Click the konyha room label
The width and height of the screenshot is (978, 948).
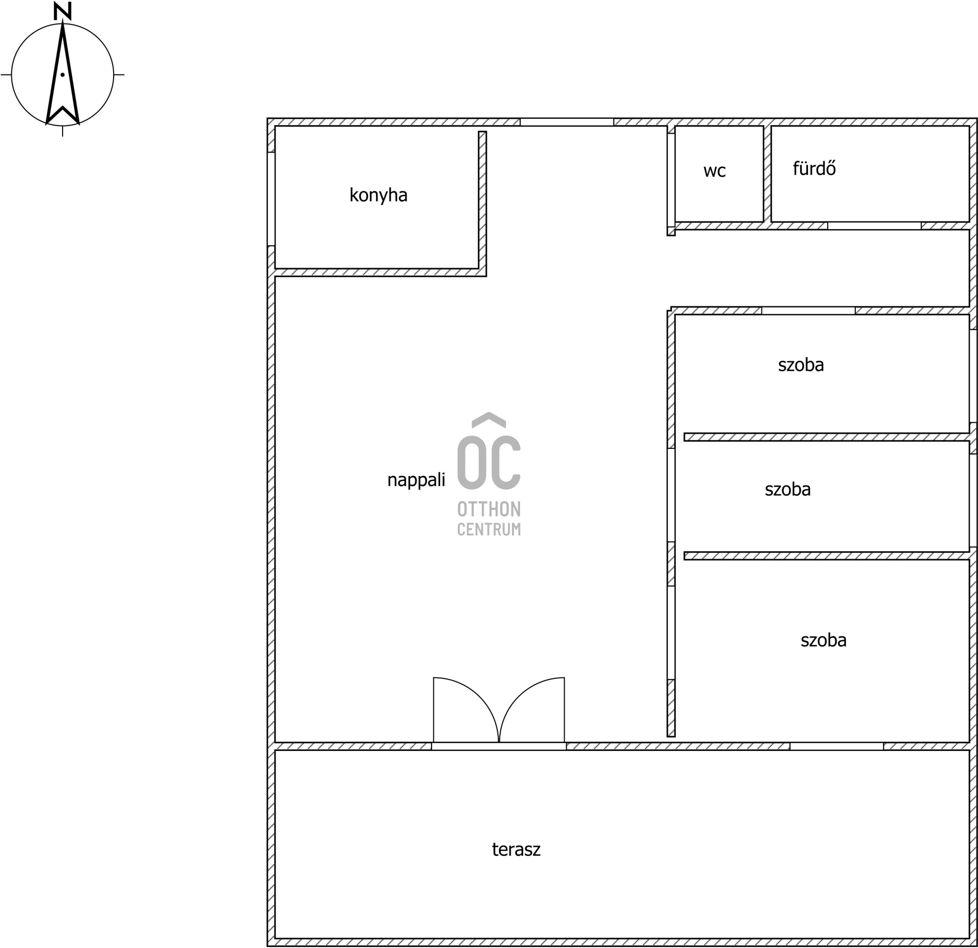point(378,196)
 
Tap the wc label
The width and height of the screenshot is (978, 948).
point(714,171)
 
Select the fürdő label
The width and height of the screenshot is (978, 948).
point(814,169)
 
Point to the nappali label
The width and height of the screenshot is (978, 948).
point(416,480)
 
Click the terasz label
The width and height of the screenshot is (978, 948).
point(516,850)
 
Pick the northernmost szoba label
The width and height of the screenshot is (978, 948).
point(801,365)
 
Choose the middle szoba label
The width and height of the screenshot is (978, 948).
point(787,490)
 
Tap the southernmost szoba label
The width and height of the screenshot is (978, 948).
point(823,640)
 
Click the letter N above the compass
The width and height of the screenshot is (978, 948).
point(62,11)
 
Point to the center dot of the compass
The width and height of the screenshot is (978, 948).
point(62,75)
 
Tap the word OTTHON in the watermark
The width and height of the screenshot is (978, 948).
point(489,509)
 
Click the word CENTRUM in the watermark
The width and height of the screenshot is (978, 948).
point(489,529)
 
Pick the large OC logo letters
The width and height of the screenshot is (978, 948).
point(489,460)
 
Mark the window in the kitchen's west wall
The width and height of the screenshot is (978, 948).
point(271,199)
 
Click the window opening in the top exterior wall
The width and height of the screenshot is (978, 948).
point(566,122)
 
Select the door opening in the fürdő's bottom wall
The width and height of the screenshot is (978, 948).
point(874,226)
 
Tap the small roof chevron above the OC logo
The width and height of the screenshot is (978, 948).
point(489,419)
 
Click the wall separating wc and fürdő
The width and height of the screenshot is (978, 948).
point(767,174)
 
